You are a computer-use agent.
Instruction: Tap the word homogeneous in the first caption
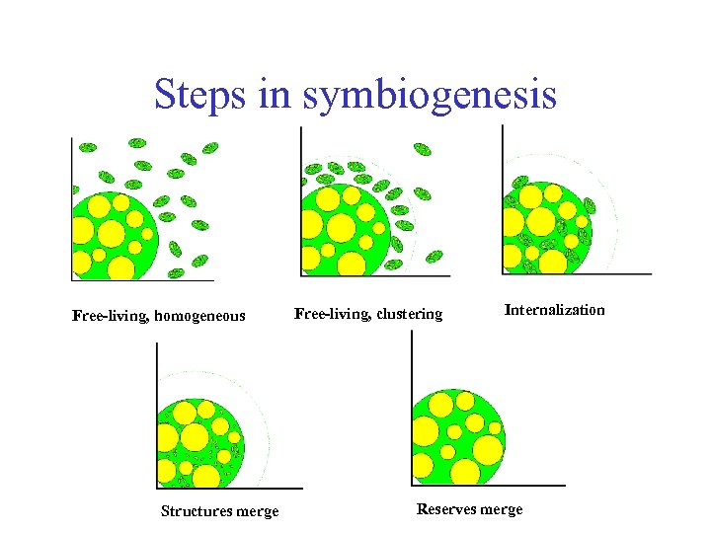click(x=199, y=317)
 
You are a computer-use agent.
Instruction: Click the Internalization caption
click(x=554, y=310)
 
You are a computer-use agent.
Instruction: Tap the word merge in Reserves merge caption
click(x=504, y=509)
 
